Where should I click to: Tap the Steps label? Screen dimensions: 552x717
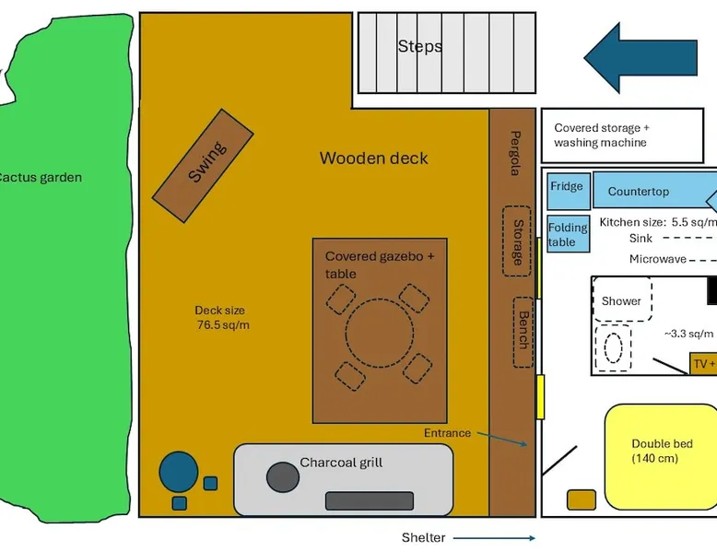coord(419,46)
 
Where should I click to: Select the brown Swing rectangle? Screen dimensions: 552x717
coord(203,165)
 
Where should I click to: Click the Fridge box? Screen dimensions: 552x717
coord(567,186)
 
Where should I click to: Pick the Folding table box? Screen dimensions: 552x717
coord(568,235)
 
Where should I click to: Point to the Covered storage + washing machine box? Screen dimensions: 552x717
coord(622,135)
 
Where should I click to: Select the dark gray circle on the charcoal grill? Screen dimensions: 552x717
coord(282,476)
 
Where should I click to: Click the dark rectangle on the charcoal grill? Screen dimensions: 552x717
coord(368,500)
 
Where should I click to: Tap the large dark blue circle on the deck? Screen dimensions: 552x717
coord(179,472)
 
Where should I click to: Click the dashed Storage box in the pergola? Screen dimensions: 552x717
coord(517,241)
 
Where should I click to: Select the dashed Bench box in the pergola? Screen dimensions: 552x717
coord(523,331)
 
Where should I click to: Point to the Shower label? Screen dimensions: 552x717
coord(621,301)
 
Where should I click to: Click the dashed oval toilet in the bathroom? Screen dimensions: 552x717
coord(614,348)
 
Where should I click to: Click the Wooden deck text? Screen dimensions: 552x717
coord(373,159)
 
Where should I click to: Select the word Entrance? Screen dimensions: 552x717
coord(447,433)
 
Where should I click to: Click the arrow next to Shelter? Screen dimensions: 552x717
coord(493,538)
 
